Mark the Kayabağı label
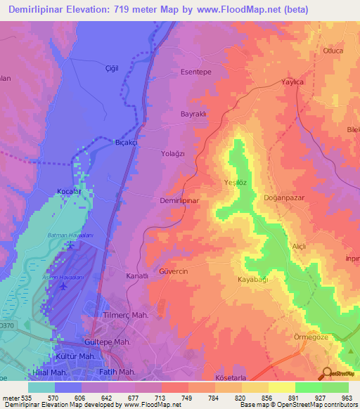pos(253,280)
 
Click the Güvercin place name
pos(173,271)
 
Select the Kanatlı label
pos(136,276)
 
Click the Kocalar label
pos(70,191)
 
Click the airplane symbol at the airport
pos(65,286)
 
